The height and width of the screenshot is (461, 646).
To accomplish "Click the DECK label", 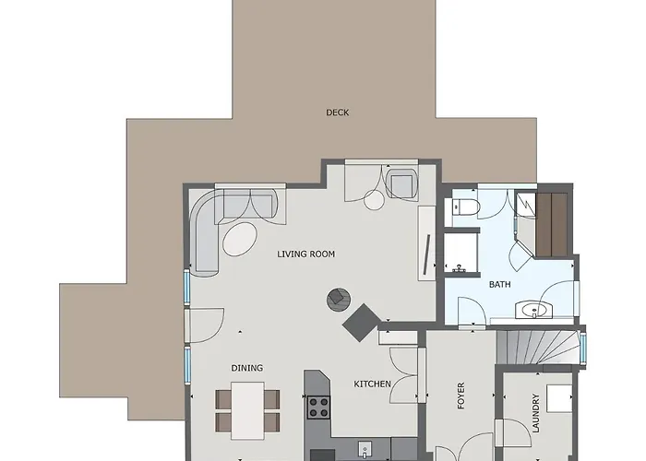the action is point(338,112).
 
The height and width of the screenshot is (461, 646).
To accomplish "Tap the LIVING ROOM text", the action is point(306,254).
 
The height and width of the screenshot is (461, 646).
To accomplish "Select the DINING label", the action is point(246,368).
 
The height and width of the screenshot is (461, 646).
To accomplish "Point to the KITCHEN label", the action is point(373,384).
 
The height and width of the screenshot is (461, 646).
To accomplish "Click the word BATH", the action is point(500,284).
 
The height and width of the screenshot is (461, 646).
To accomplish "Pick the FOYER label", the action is point(461,396).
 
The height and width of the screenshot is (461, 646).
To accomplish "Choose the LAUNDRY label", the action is point(535,413).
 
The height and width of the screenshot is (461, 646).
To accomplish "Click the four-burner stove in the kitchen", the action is point(319,408).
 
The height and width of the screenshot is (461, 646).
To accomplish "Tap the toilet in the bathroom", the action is point(465,207).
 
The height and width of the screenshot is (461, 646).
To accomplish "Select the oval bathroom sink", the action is point(533,310).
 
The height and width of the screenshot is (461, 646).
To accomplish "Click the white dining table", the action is point(247,411).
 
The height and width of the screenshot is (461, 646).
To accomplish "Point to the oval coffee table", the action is point(240,239).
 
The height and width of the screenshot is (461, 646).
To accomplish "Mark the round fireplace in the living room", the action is point(339,300).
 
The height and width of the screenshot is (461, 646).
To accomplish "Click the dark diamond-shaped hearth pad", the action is point(362,323).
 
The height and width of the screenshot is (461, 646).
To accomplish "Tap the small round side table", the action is point(374,200).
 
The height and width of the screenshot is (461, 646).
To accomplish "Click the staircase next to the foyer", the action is point(538,348).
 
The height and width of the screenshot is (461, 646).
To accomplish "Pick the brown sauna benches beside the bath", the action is point(552,224).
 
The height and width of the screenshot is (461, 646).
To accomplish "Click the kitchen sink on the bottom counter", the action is point(365,450).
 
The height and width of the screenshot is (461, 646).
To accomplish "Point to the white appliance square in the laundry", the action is point(559,398).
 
